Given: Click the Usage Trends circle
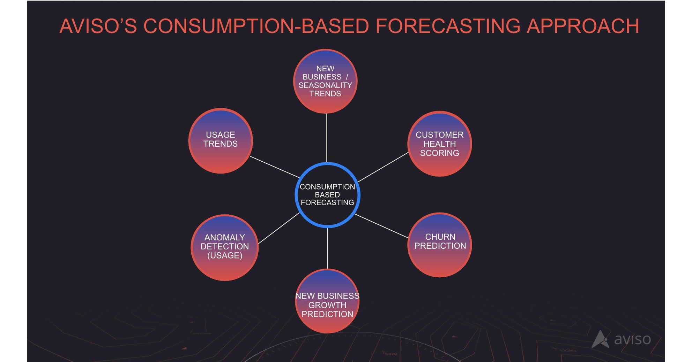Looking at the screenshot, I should [220, 141].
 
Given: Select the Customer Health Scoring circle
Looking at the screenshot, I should [439, 144].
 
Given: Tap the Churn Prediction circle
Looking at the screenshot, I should [439, 245].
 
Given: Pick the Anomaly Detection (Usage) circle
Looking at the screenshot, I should [224, 247].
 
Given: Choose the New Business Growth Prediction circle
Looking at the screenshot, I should [327, 301].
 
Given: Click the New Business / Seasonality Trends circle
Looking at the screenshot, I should [325, 81].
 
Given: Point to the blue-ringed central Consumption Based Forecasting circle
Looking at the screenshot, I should [327, 195].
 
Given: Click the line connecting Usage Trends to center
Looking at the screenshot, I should [274, 167].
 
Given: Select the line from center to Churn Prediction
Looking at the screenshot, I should [381, 226].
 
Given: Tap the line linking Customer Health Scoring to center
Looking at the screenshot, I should [383, 167].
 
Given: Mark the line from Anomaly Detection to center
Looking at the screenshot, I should [278, 228].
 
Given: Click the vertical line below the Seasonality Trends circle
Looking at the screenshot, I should [327, 138].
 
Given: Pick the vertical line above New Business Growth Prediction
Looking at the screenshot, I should [327, 248].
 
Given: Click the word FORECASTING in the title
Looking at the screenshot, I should [448, 26].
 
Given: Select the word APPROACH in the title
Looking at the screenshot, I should [583, 26].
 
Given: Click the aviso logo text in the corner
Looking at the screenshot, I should [632, 339].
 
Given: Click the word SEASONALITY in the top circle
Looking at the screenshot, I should [325, 85].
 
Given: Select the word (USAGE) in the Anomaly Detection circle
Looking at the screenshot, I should [224, 255].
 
